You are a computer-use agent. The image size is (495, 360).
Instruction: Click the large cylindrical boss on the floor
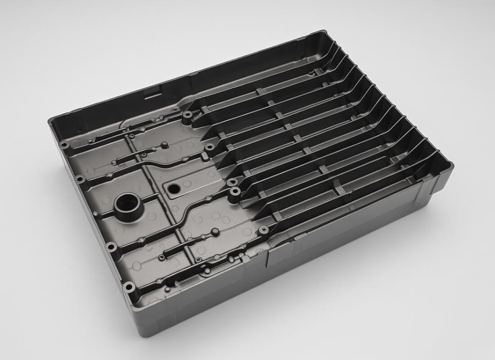128,205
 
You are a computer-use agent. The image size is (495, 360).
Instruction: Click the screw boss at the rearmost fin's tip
187,115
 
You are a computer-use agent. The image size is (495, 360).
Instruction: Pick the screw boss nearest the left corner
65,145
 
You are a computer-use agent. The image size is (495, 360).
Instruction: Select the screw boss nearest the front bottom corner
129,286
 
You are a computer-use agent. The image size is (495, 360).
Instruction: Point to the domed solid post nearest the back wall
165,145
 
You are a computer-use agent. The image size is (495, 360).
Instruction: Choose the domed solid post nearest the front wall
215,231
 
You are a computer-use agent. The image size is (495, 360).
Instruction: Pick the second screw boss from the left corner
80,179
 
